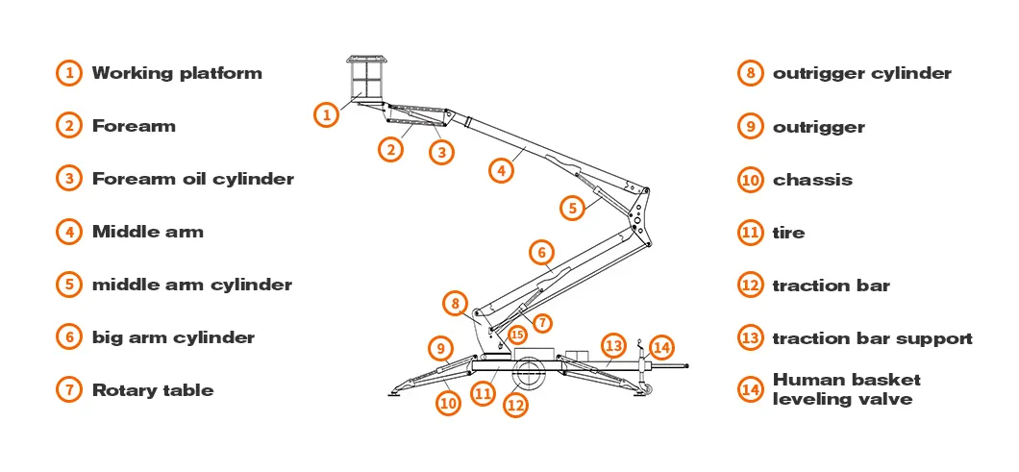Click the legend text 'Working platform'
[176, 73]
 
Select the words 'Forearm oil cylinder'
[192, 179]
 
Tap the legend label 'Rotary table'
[152, 390]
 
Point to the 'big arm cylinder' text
[173, 337]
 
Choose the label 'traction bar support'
[872, 338]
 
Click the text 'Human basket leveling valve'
[846, 389]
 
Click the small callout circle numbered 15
[518, 335]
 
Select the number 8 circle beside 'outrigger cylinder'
[751, 74]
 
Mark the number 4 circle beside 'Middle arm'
[68, 232]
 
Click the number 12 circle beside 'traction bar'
[751, 286]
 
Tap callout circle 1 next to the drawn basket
[327, 114]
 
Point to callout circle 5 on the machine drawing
[572, 206]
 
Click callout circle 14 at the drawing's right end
[661, 346]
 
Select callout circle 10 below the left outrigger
[448, 403]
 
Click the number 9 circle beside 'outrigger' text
[751, 127]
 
